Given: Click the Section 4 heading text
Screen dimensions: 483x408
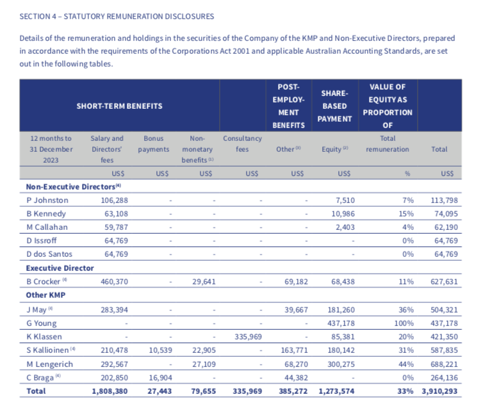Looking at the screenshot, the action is (117, 16).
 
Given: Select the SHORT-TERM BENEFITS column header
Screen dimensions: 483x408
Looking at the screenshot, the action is (120, 106).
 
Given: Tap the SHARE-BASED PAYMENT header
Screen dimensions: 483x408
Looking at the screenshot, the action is (334, 106).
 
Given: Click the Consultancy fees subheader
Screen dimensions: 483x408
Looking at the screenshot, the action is (242, 144).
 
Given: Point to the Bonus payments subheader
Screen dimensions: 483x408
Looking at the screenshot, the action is (153, 144).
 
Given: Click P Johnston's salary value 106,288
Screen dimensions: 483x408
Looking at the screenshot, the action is (114, 200).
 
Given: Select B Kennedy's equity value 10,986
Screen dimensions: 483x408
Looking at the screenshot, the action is (343, 214).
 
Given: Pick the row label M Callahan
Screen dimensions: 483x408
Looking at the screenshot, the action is (47, 227).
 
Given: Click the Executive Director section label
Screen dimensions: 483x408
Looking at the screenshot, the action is (60, 268).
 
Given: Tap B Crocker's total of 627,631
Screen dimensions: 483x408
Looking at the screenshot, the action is (444, 282).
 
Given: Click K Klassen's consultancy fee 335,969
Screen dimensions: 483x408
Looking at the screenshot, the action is (249, 337).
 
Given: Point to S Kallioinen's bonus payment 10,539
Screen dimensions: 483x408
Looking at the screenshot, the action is (161, 350).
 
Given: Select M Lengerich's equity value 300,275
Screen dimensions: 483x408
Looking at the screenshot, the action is (341, 364).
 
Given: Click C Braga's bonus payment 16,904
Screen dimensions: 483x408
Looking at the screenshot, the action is (161, 378).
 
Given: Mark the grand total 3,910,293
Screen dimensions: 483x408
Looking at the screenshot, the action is (439, 391).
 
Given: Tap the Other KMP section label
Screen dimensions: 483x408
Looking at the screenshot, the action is (45, 295).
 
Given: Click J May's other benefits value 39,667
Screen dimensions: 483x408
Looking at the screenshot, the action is (296, 310).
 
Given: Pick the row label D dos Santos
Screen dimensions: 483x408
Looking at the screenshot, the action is (49, 254).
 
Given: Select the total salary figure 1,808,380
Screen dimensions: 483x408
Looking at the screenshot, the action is (110, 391).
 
